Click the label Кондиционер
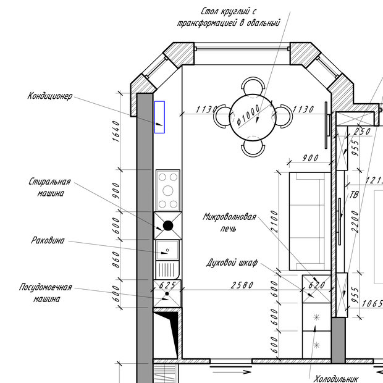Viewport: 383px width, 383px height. pos(50,96)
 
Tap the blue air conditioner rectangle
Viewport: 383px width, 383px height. pos(159,117)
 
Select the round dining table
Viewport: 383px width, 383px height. pos(253,117)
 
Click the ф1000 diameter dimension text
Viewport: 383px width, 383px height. pos(248,115)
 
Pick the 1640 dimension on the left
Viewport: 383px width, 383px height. pos(116,131)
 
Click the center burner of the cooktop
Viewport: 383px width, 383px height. pos(168,191)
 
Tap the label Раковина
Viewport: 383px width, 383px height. pos(48,240)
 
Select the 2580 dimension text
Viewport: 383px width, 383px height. pos(242,285)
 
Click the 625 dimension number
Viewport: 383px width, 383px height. pos(167,285)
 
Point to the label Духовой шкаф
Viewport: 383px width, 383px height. pos(232,263)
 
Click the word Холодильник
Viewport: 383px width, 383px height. pos(336,379)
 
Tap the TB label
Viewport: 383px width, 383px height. pos(354,195)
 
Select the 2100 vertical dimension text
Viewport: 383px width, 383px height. pos(274,221)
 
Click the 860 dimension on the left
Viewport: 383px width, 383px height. pos(116,259)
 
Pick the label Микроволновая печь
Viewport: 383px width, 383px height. pos(229,222)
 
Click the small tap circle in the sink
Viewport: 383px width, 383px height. pos(167,250)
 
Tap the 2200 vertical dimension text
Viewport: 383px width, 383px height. pos(355,222)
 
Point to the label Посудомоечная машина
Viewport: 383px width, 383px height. pos(46,293)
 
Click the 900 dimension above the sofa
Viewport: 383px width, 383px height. pos(311,158)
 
